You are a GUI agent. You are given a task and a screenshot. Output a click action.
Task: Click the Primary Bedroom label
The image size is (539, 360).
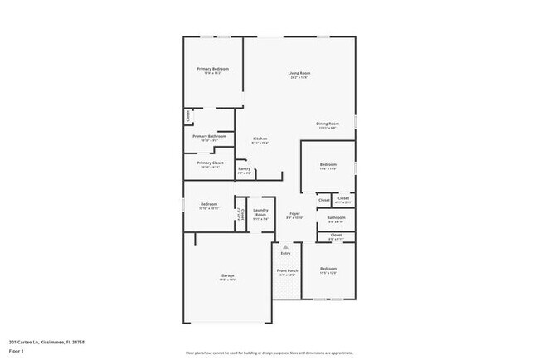point(212,68)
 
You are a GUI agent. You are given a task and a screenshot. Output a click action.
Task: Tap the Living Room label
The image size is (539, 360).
point(299,74)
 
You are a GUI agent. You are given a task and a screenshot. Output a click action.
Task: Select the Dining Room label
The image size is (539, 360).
point(328,124)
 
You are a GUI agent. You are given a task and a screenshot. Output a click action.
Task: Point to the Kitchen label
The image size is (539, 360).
point(260,138)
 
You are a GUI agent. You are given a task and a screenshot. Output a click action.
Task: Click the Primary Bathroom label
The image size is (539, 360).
point(209,136)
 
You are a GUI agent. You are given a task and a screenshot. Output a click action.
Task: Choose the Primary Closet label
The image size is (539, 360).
point(210,163)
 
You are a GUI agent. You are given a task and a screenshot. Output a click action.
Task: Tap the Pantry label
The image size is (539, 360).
point(244,169)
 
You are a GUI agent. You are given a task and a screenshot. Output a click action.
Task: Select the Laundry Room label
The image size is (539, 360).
point(260,212)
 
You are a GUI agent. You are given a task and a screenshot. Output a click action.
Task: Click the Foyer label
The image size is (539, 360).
point(294,214)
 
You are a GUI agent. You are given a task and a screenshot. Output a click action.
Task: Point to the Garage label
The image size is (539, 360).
point(227,275)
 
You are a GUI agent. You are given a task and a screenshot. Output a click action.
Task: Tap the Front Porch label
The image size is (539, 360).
point(286,270)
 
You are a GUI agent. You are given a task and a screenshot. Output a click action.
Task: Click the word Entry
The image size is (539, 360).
point(285,253)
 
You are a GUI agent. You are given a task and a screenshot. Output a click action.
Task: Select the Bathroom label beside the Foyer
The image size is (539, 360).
point(336,218)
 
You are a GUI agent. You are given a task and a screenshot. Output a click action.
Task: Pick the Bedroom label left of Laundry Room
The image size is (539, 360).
point(208,204)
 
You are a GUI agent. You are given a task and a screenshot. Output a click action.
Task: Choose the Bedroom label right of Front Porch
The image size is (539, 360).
point(328,268)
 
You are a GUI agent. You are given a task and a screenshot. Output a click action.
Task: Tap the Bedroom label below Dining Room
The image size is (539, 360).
point(328,164)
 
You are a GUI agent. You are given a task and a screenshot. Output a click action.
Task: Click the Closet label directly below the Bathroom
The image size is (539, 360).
point(336,235)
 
